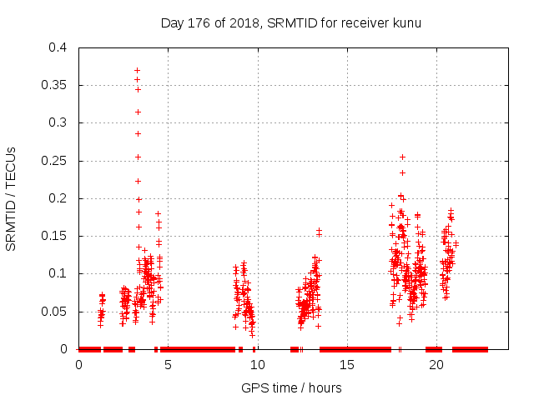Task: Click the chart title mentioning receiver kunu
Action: coord(290,22)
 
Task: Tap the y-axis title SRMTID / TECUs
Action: coord(12,198)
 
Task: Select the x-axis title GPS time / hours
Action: coord(291,387)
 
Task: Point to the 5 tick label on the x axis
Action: coord(169,365)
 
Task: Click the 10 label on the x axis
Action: coord(258,365)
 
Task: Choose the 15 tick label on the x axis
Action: coord(347,365)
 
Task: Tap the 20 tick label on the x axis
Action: coord(436,365)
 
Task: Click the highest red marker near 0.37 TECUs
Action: coord(138,70)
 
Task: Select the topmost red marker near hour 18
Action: coord(402,157)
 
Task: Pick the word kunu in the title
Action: coord(406,22)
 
